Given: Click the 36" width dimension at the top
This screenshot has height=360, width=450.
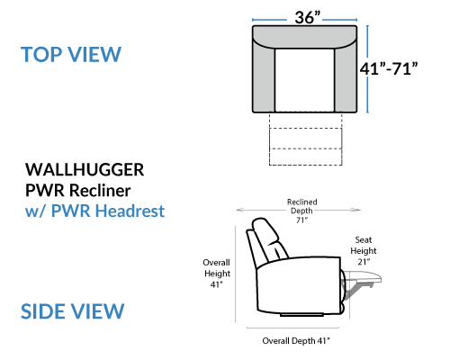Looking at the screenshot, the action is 308,17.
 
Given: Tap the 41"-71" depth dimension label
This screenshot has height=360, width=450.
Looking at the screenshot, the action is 389,68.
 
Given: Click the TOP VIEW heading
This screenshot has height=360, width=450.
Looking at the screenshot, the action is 71,55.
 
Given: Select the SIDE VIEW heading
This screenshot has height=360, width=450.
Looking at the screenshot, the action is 72,311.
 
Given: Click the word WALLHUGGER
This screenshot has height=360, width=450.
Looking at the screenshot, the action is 85,170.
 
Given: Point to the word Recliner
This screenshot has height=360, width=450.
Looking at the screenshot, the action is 100,191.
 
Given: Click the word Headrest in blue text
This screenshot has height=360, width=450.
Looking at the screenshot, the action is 130,211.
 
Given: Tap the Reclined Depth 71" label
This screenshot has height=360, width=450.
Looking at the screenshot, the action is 301,211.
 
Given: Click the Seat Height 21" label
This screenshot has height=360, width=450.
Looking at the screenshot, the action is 364,251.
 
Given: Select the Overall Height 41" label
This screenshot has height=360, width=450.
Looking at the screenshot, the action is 217,274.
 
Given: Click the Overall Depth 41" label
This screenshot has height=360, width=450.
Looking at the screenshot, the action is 296,341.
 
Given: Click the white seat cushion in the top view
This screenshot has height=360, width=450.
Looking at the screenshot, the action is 304,80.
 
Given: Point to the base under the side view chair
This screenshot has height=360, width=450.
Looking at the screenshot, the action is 301,315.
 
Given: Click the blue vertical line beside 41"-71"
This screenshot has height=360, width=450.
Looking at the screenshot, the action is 368,69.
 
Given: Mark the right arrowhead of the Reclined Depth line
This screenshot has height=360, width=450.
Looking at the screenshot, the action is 357,210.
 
